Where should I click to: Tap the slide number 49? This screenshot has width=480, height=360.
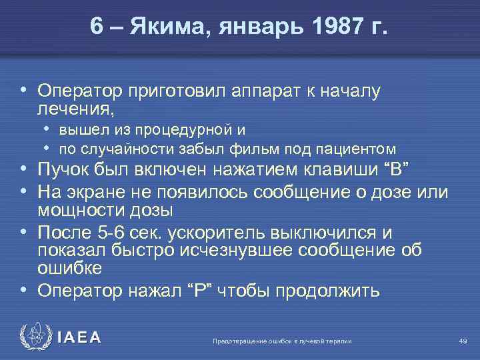(x=462, y=341)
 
